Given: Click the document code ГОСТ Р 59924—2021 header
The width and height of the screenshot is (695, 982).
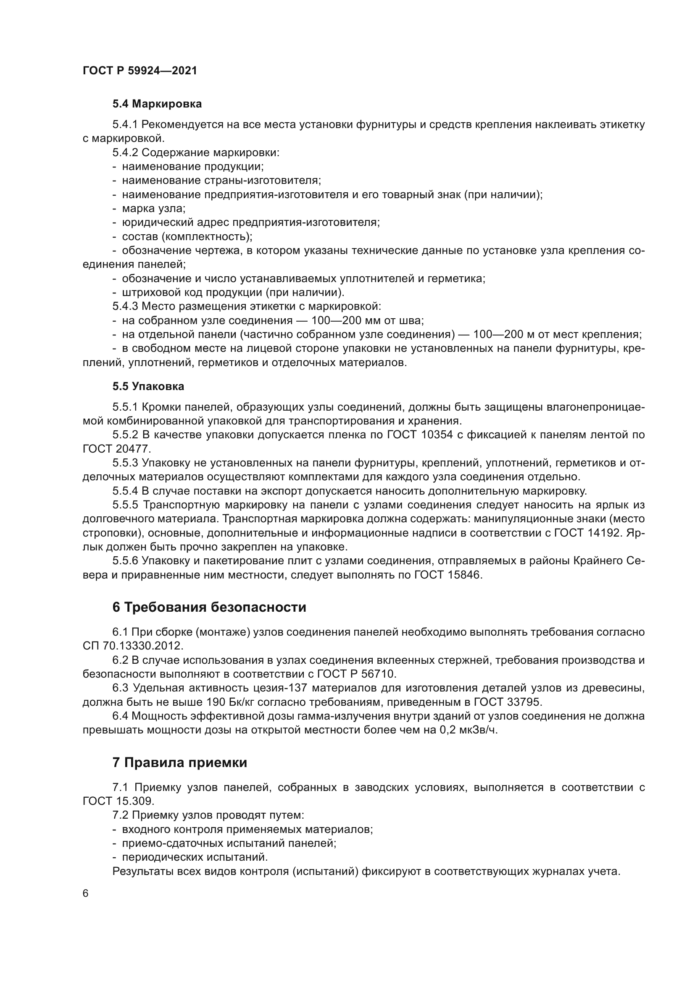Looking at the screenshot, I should point(140,71).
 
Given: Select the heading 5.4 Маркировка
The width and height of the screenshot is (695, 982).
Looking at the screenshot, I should point(157,104).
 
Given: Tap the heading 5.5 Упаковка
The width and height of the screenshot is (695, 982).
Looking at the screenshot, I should point(148,387).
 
